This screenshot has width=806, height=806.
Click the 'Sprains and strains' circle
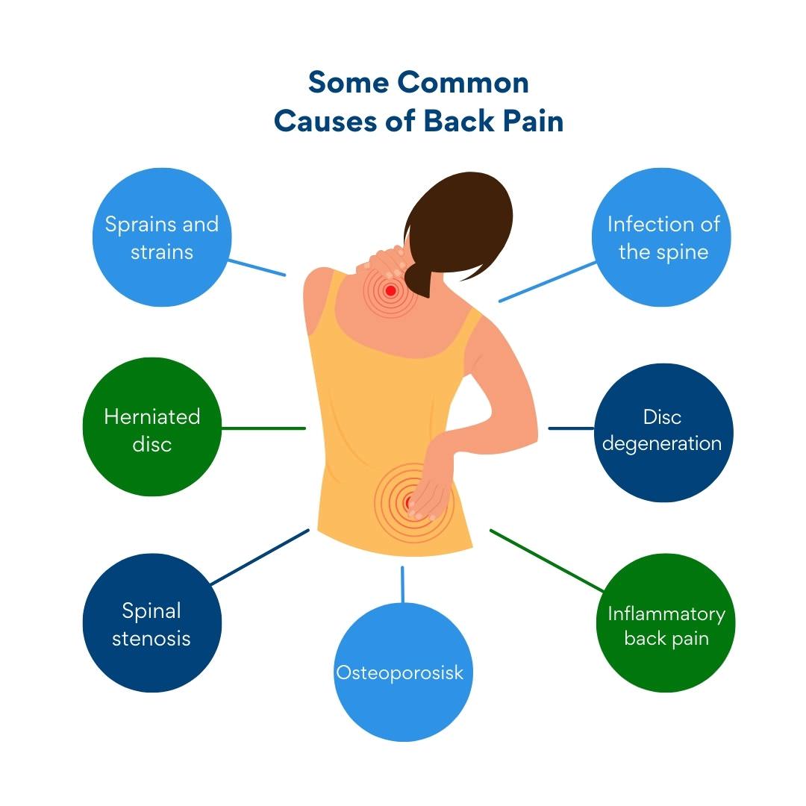click(162, 237)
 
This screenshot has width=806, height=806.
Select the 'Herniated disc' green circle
click(152, 427)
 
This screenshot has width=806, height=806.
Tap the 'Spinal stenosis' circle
click(152, 623)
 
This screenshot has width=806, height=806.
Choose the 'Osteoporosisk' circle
click(403, 672)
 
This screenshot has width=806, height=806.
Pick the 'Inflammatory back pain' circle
click(666, 623)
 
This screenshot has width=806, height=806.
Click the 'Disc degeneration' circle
click(663, 433)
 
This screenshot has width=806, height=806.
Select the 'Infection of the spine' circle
click(661, 237)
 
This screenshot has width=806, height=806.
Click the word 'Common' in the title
click(463, 83)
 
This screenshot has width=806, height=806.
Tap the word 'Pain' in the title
click(533, 122)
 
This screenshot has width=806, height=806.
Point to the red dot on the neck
click(390, 291)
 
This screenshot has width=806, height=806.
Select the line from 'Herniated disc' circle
click(263, 428)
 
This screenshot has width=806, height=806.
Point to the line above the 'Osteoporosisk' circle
click(402, 584)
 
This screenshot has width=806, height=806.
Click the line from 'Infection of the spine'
click(548, 281)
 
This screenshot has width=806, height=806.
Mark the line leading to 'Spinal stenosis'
click(260, 557)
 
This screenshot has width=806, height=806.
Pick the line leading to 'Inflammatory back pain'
click(546, 560)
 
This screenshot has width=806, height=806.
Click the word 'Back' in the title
click(458, 122)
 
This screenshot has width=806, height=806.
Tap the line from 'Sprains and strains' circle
click(257, 268)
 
